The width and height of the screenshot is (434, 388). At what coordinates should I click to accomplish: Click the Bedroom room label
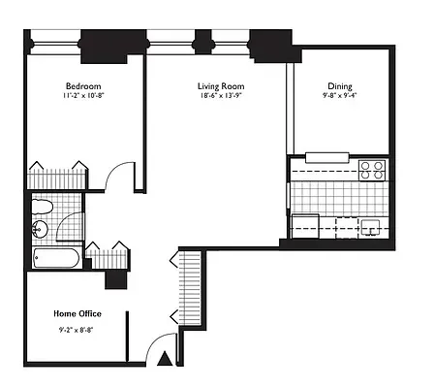point(83,86)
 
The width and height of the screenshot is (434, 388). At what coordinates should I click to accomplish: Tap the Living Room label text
point(221,86)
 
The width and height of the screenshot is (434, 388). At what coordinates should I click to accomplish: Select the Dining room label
point(340,86)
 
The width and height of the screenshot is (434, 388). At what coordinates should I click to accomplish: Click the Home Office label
point(77,313)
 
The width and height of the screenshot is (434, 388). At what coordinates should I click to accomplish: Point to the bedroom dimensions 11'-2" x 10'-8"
point(83,96)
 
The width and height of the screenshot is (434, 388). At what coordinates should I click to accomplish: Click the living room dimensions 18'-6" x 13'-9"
point(221,96)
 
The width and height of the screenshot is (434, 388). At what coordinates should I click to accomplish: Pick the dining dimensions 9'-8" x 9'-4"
point(340,96)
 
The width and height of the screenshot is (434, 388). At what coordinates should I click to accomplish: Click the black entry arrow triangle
point(165,359)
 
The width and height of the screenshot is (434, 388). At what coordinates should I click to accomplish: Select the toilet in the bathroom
point(42,207)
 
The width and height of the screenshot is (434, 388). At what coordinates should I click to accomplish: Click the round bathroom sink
point(40,229)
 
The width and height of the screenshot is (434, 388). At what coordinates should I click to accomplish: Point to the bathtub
point(56,258)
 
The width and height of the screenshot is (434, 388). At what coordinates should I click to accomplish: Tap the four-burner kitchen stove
point(372,171)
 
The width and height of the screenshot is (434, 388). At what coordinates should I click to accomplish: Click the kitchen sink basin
point(371,226)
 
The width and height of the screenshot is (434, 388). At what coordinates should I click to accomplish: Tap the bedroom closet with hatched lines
point(58,178)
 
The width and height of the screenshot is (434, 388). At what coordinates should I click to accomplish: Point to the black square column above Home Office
point(115,280)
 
